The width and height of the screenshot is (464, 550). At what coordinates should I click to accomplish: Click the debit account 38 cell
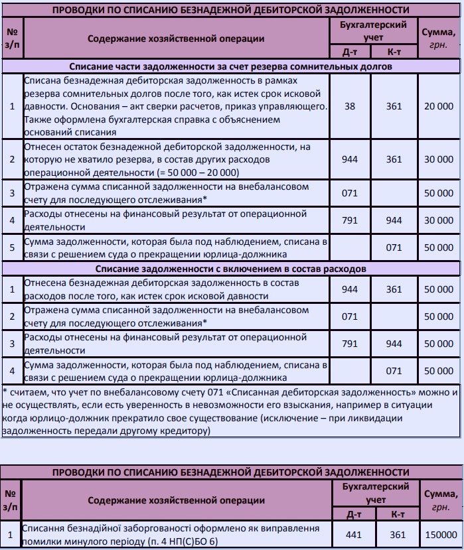349,105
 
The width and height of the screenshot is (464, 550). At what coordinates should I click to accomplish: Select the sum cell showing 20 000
439,105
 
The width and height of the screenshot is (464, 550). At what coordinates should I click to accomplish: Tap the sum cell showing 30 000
439,159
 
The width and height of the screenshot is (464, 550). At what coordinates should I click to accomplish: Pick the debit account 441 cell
349,535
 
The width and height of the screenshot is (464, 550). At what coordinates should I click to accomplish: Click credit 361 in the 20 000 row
394,105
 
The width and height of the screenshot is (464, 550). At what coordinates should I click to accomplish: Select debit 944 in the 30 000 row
349,159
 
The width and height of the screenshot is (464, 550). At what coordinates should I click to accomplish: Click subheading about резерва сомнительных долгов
230,66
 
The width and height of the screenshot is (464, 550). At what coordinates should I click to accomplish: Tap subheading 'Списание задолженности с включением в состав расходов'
230,269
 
